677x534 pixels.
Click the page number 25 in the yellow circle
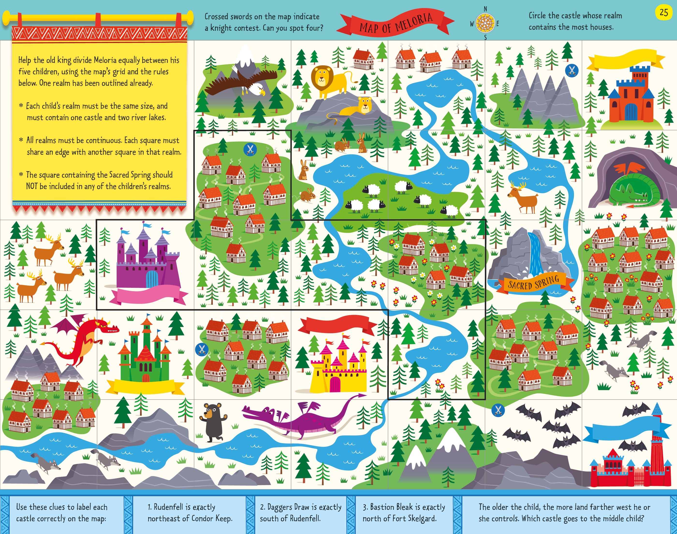click(663, 13)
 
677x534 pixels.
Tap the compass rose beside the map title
click(485, 23)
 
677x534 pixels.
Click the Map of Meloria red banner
click(396, 23)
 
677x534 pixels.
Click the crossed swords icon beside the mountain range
click(572, 70)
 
